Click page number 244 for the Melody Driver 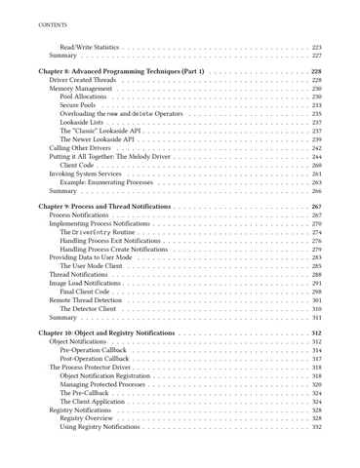tap(316, 156)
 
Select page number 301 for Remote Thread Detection tap(316, 299)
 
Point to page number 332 tap(316, 426)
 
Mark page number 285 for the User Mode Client tap(316, 265)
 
